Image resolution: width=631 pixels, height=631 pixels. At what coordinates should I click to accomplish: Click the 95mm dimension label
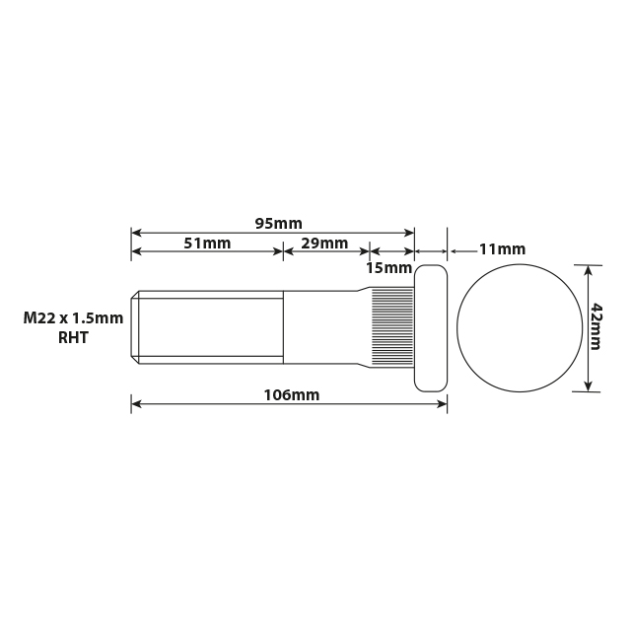[x=278, y=223]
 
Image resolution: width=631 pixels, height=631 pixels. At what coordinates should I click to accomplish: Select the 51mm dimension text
[x=207, y=244]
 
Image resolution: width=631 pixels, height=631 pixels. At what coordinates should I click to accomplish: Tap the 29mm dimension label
[x=324, y=244]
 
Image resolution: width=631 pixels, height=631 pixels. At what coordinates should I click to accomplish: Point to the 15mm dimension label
[x=388, y=267]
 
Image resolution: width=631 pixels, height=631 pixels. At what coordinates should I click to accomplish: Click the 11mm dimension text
[x=502, y=249]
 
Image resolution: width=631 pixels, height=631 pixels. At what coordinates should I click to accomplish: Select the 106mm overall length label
[x=291, y=395]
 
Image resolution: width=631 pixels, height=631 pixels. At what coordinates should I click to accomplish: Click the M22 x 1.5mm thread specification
[x=73, y=317]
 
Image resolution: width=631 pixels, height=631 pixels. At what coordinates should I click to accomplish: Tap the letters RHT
[x=74, y=337]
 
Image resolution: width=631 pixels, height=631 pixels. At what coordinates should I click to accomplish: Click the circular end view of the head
[x=519, y=327]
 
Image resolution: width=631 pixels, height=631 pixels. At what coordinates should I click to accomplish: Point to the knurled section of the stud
[x=392, y=327]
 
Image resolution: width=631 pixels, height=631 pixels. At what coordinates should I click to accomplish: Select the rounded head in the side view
[x=431, y=327]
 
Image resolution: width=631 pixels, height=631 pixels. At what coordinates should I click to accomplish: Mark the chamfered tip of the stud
[x=135, y=327]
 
